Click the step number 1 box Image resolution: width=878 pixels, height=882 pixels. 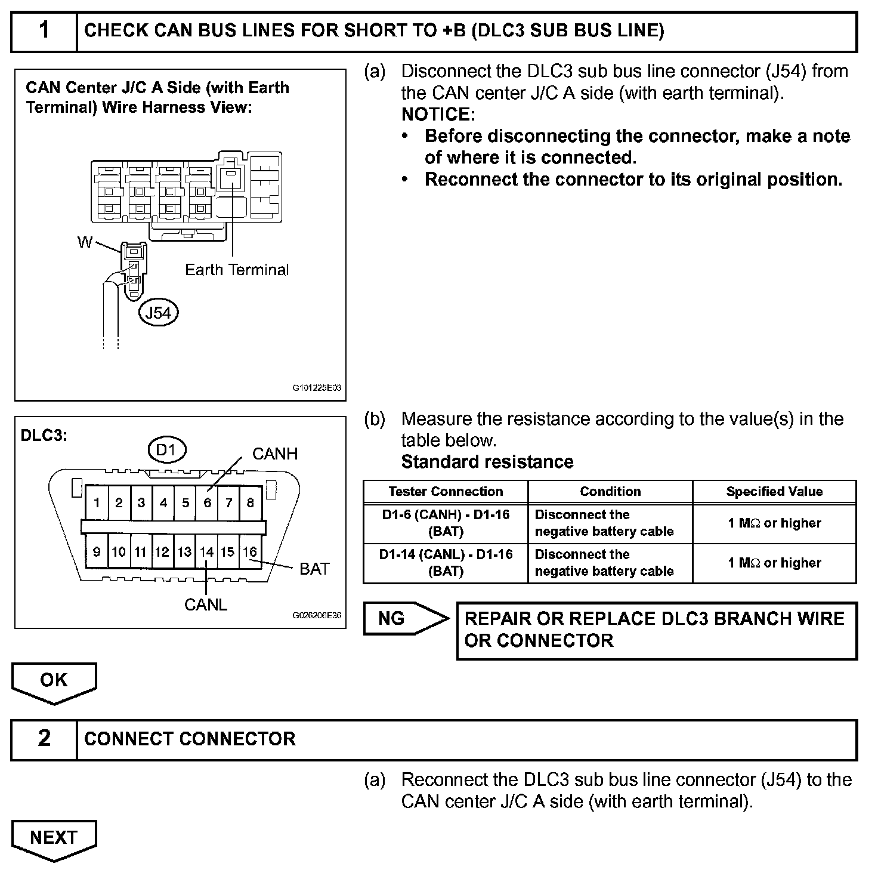pos(44,31)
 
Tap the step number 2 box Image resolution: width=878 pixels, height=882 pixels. pos(44,739)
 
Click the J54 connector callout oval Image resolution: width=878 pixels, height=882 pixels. pos(158,313)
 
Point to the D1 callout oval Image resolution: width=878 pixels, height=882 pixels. pos(166,450)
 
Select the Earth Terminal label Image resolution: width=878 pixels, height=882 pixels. pos(237,270)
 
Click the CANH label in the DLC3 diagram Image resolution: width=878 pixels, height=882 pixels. pos(275,454)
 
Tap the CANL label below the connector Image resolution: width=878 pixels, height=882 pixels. pos(206,605)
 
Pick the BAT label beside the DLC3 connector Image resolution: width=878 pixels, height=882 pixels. pos(314,569)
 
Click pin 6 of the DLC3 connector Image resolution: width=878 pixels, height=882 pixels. pos(207,502)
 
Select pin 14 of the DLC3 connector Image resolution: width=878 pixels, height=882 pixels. pos(206,552)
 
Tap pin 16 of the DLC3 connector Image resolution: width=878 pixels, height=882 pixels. pos(250,552)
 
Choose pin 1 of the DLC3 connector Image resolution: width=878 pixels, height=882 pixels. pos(97,502)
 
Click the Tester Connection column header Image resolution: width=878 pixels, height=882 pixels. pos(446,492)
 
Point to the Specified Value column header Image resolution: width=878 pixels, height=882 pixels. pos(774,492)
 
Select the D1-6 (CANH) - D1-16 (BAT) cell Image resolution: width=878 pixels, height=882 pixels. pos(446,523)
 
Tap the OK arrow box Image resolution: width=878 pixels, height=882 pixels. pos(54,680)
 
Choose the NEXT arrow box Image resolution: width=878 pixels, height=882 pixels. pos(54,838)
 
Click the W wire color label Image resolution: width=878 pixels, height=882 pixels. pos(85,242)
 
